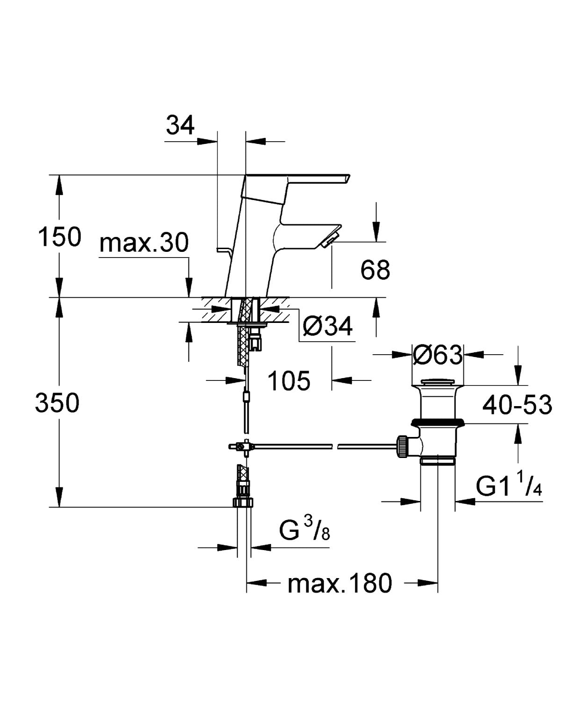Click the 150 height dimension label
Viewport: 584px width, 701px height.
tap(59, 237)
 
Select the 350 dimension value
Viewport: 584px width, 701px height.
tap(57, 403)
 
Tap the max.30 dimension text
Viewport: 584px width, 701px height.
tap(144, 243)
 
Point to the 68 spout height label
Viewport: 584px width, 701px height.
tap(375, 270)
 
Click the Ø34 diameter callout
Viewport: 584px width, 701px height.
tap(327, 326)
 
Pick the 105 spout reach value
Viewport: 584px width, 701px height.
tap(288, 381)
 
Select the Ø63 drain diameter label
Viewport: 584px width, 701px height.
tap(438, 355)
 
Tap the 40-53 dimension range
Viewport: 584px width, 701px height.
tap(517, 405)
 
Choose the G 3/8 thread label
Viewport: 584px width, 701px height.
tap(304, 531)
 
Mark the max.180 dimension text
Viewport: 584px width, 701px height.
tap(340, 584)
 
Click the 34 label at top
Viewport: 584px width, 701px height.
tap(180, 125)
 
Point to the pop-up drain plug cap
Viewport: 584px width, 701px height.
tap(438, 382)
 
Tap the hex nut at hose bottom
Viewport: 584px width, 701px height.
tap(243, 502)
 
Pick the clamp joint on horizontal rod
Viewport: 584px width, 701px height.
tap(241, 447)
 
